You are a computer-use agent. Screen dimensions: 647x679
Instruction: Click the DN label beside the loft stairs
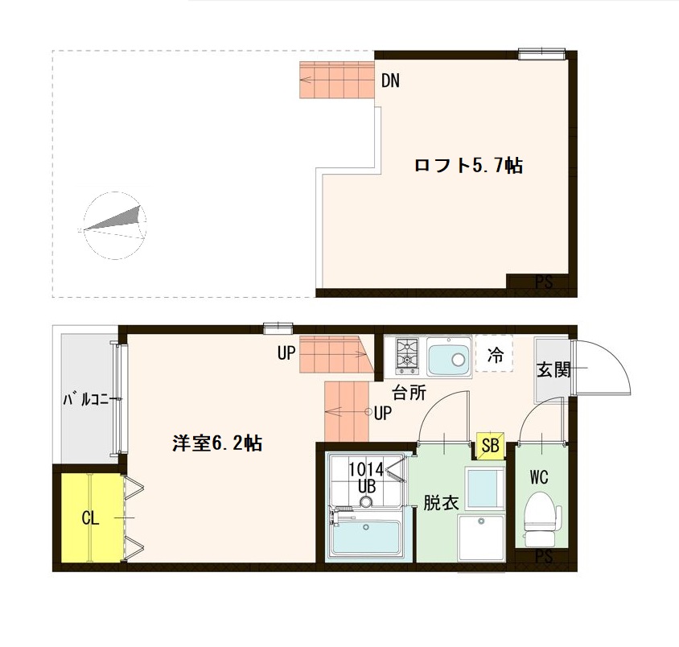coord(391,80)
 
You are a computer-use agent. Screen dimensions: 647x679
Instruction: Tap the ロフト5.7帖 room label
coord(468,167)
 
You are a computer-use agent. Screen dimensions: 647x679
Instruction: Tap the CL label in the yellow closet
coord(90,517)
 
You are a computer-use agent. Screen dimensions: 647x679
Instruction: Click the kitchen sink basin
coord(448,356)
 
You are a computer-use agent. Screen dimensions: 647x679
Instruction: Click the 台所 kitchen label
coord(409,394)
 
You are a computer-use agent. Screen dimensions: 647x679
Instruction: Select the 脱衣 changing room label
coord(441,503)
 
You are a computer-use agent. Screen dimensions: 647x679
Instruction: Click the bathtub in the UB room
coord(366,537)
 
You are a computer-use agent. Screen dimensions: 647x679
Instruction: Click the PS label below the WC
coord(544,557)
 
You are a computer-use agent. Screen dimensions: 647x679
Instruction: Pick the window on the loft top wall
coord(541,55)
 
